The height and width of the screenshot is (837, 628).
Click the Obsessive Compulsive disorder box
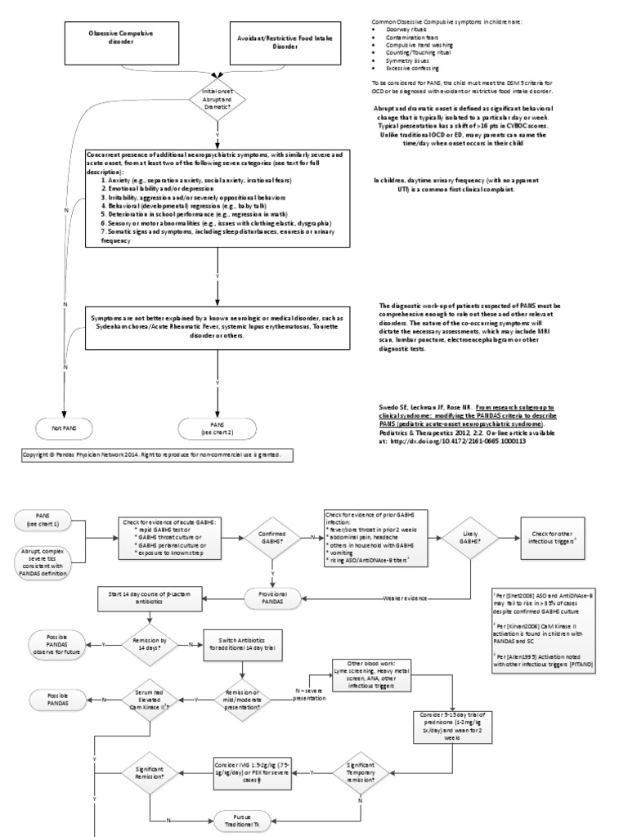120,38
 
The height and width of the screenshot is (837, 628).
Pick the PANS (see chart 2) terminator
217,426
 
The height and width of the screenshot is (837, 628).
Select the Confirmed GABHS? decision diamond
271,538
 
